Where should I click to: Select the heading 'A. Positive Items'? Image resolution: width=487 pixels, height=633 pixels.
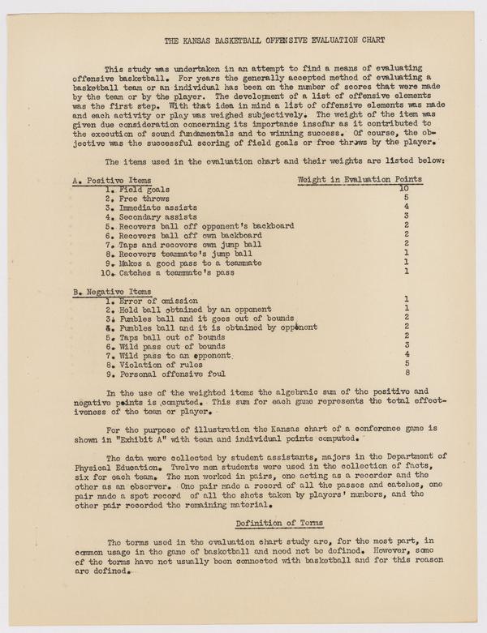click(111, 179)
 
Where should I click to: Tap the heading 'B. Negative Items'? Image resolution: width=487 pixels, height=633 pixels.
click(112, 290)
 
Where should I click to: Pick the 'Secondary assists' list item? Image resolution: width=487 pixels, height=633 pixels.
click(152, 216)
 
